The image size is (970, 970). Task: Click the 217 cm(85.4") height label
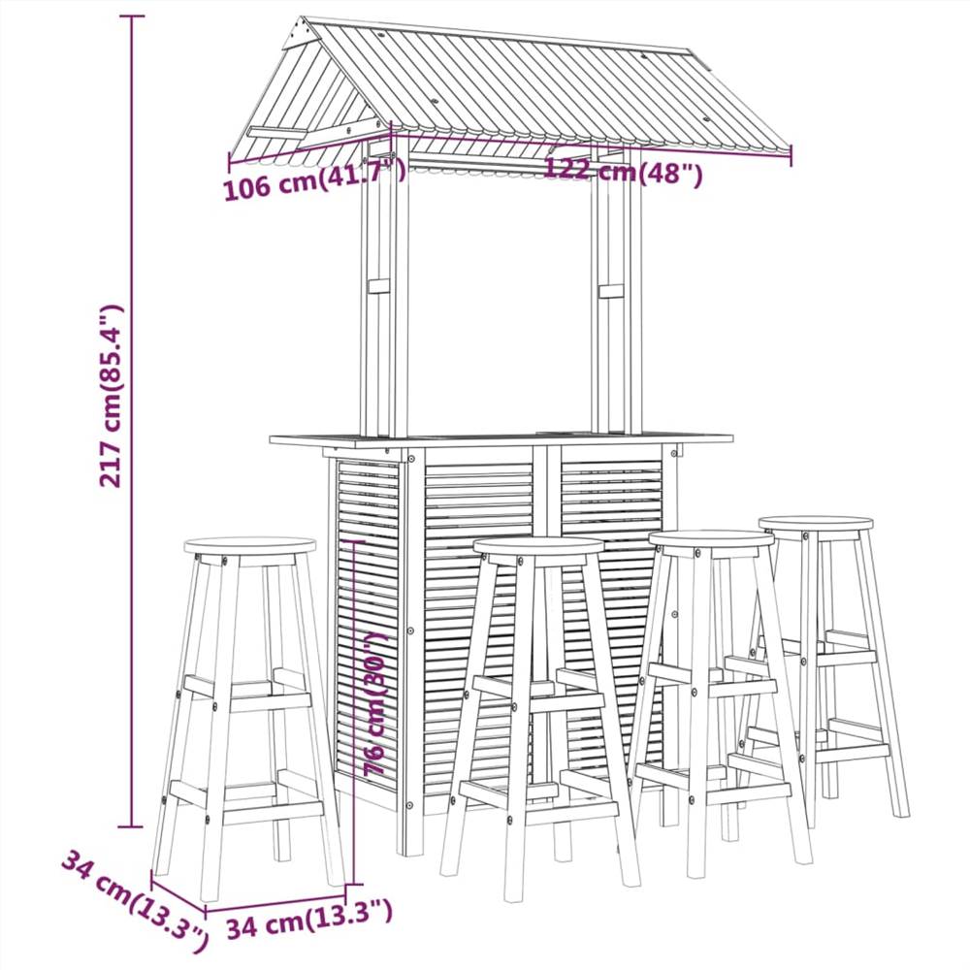click(113, 396)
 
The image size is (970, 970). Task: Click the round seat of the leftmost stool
click(249, 545)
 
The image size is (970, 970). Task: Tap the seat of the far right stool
click(815, 523)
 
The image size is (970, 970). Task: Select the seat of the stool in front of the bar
click(538, 546)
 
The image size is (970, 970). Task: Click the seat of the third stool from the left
click(711, 538)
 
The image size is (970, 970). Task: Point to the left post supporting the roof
click(384, 291)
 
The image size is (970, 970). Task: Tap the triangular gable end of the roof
click(307, 92)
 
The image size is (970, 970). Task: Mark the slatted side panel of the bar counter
click(368, 621)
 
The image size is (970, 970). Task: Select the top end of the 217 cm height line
click(132, 17)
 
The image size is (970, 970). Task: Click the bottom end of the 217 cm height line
click(132, 826)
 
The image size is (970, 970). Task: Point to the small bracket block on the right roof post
click(611, 290)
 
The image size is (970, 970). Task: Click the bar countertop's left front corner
click(273, 440)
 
